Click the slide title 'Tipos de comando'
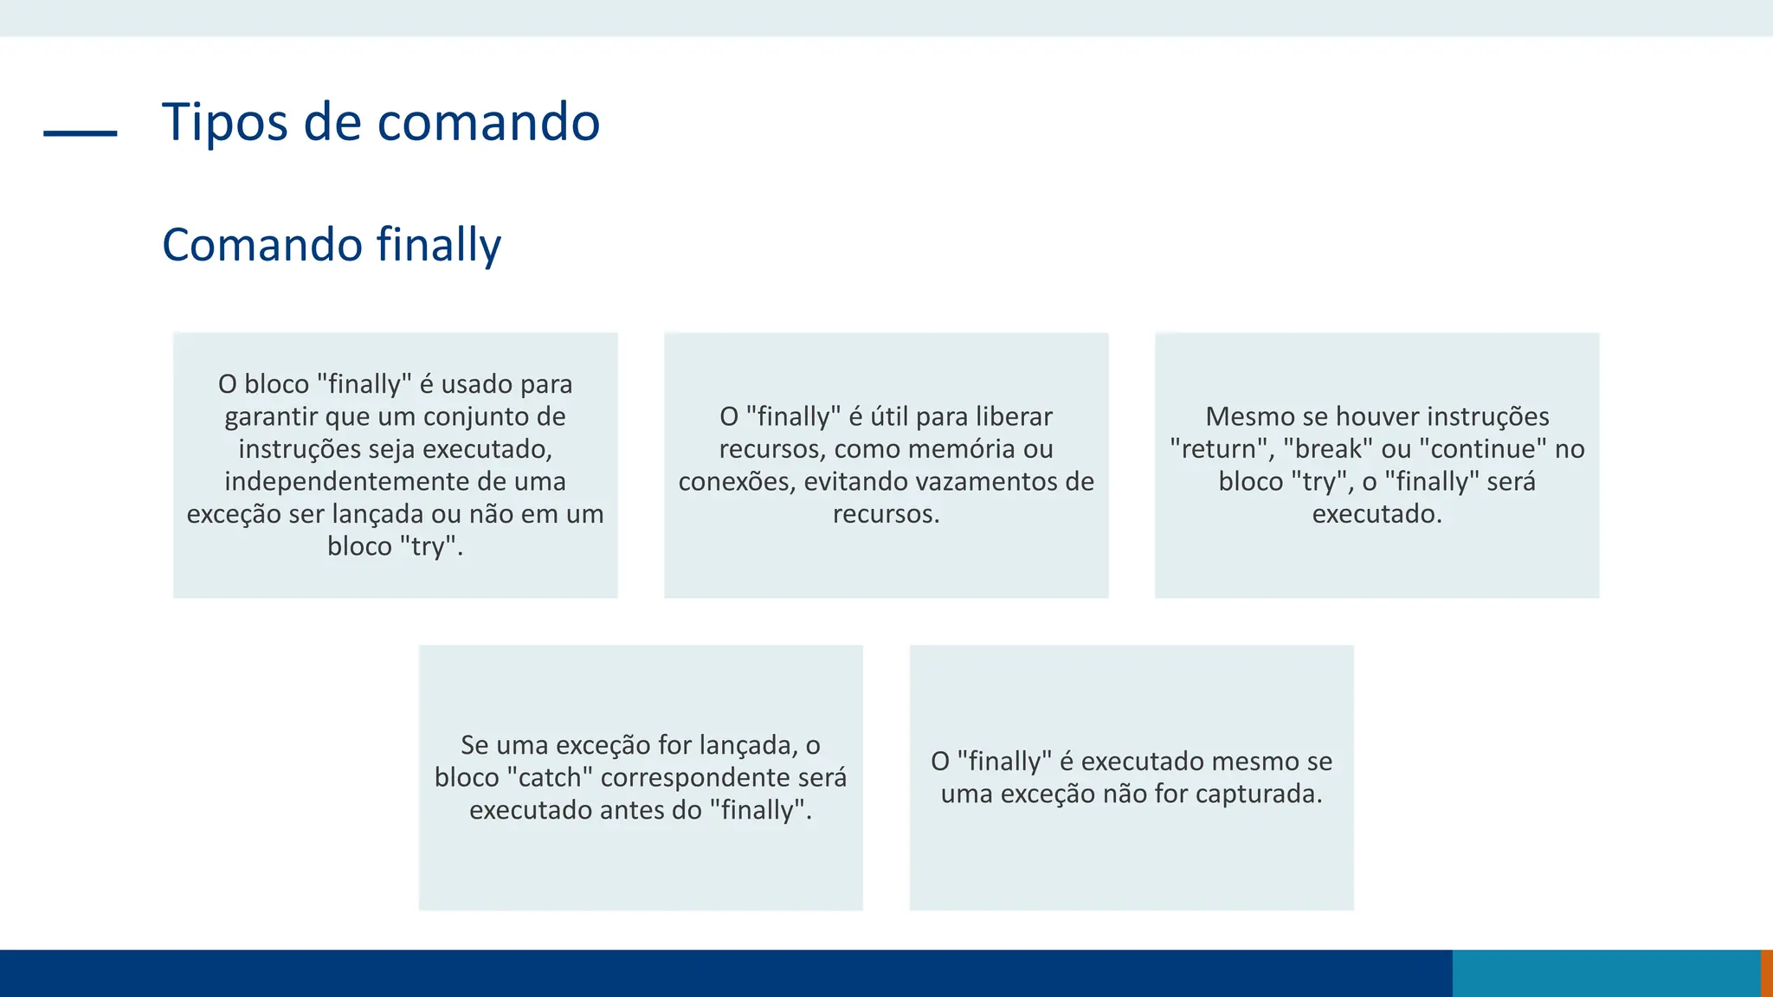(x=381, y=121)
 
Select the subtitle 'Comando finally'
(x=332, y=245)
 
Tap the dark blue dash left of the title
(x=80, y=133)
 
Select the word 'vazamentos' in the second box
(x=984, y=481)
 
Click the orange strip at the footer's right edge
(x=1766, y=973)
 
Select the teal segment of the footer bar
(x=1606, y=973)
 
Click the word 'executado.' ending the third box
(x=1376, y=514)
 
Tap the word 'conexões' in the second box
(x=737, y=481)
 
